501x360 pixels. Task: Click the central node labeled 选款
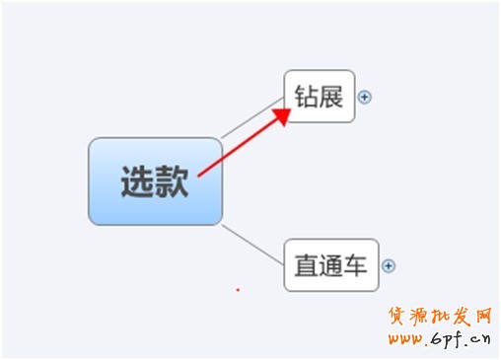click(x=155, y=181)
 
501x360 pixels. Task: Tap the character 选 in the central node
click(x=137, y=182)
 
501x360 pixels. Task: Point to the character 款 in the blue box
click(x=172, y=182)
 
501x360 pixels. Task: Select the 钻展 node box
click(x=319, y=96)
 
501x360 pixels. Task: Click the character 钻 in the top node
click(x=306, y=97)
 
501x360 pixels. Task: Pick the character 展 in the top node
click(x=330, y=97)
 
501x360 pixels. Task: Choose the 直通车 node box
click(x=331, y=264)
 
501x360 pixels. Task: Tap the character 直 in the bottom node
click(x=307, y=265)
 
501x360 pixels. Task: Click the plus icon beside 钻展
click(x=365, y=97)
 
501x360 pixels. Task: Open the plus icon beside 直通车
click(x=389, y=265)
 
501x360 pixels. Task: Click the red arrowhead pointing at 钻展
click(x=282, y=115)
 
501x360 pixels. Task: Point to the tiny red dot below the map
click(x=238, y=290)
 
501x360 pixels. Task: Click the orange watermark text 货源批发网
click(x=439, y=317)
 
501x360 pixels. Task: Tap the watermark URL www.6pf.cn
click(x=439, y=340)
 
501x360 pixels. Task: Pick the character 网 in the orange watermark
click(x=483, y=317)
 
